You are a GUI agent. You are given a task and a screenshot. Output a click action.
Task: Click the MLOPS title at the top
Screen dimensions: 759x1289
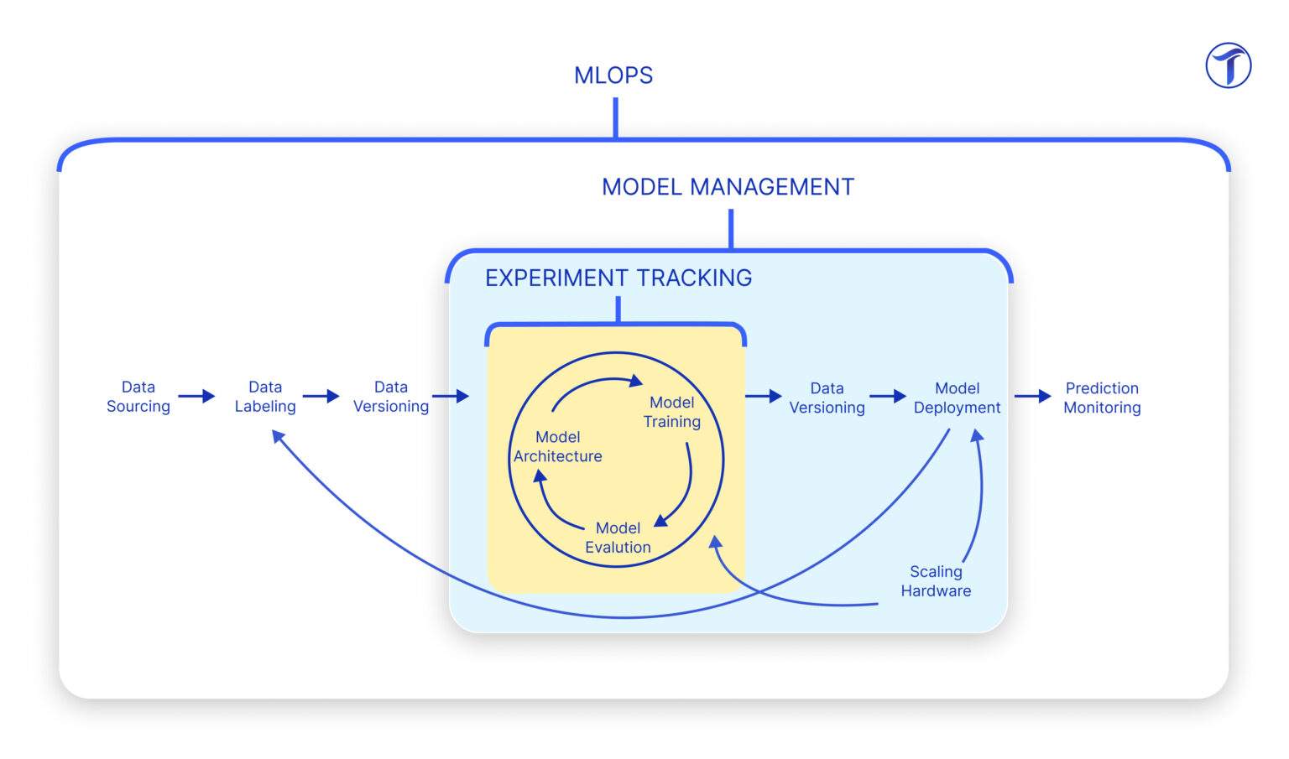pos(613,75)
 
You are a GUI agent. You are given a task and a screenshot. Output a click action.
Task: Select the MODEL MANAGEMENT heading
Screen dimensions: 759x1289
pos(728,187)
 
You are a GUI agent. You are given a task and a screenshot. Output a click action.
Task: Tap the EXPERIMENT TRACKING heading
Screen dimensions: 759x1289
pos(618,278)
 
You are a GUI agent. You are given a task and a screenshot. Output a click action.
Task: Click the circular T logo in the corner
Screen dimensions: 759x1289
pos(1228,66)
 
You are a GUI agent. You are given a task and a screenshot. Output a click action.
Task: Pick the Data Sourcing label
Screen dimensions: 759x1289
pos(138,397)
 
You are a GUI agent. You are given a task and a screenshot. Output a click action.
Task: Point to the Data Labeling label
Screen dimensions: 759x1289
pos(265,397)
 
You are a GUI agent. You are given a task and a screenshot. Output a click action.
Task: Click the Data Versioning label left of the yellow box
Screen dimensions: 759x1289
pos(391,397)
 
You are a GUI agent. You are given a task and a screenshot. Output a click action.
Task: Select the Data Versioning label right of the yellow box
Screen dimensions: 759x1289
pos(827,398)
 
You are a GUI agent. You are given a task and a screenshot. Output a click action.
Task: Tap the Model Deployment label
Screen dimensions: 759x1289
pos(957,398)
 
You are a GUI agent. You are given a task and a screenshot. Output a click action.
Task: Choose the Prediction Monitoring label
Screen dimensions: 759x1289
pos(1102,398)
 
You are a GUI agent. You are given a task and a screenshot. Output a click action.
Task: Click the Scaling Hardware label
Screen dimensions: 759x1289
pos(936,580)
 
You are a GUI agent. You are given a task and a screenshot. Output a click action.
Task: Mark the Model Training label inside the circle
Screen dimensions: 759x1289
pos(671,412)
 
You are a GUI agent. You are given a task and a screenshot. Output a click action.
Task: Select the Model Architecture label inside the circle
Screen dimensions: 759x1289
pos(558,446)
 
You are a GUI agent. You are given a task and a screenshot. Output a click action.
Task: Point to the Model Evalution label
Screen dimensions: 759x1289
pos(618,538)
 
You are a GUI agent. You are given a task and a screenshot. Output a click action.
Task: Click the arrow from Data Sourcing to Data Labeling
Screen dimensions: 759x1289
pos(196,396)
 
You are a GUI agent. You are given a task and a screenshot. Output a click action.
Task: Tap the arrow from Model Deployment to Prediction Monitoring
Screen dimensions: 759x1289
pos(1032,396)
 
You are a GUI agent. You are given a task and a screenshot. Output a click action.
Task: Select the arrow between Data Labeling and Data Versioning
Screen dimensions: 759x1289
pos(321,396)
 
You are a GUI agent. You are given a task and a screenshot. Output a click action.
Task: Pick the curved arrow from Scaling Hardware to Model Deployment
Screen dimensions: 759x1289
pos(978,495)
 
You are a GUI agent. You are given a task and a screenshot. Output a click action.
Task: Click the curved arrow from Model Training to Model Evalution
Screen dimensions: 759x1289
pos(685,491)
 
